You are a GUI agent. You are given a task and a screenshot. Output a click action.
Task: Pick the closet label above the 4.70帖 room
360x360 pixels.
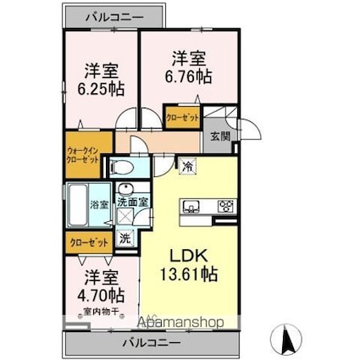pos(87,242)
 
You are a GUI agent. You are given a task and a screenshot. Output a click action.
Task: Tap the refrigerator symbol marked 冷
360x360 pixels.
pos(186,167)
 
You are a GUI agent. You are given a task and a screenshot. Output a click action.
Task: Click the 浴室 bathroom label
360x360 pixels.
pos(97,204)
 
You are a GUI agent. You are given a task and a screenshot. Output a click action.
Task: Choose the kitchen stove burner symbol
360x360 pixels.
pos(225,204)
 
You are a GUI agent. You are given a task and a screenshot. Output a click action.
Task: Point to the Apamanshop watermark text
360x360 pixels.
pos(174,323)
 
